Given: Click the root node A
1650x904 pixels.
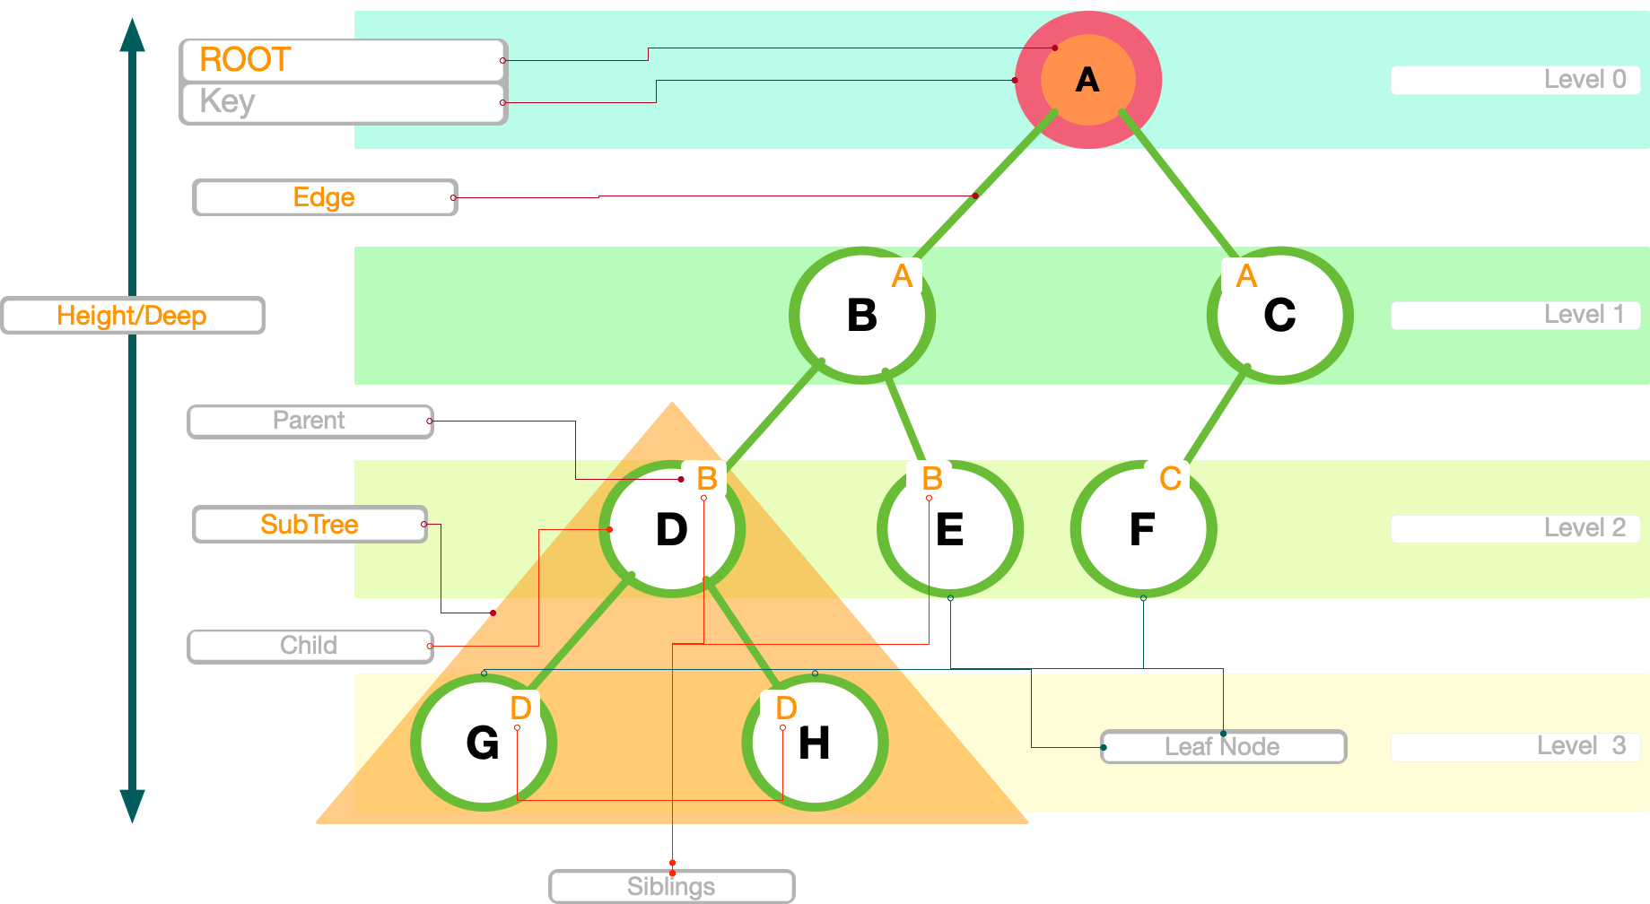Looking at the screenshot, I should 1087,80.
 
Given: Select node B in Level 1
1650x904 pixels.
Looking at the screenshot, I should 862,315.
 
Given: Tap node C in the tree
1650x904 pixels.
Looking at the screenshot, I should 1279,315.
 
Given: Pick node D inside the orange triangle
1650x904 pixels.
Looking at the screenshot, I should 672,529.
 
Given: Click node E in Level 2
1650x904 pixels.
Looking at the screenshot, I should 950,529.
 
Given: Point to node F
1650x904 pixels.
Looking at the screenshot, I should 1142,529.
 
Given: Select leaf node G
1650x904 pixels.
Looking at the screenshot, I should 483,743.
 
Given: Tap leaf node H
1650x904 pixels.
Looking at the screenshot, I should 814,743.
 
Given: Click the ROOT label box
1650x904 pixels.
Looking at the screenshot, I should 344,60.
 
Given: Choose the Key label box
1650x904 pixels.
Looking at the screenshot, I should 344,102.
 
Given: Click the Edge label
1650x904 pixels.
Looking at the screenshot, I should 325,197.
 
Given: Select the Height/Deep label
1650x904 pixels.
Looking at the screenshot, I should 133,316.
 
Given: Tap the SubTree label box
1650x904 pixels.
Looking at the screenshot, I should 310,525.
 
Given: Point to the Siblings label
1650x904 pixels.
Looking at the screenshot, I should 671,886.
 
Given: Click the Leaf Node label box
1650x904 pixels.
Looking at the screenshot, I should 1223,746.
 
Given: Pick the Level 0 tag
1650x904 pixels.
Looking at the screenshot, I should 1515,80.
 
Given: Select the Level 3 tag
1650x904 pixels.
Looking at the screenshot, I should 1515,746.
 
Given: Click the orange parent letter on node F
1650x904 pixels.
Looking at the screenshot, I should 1170,478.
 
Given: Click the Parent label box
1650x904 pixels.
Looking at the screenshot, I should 310,421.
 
